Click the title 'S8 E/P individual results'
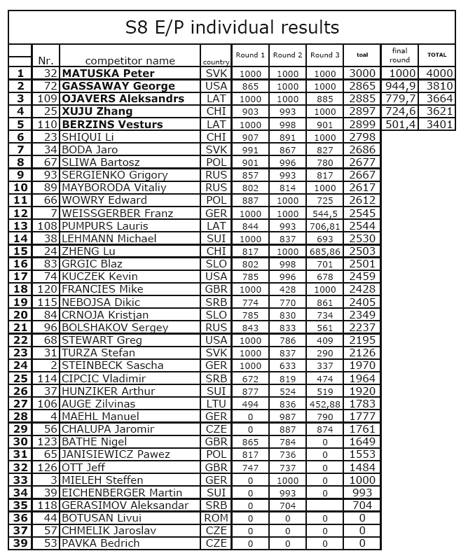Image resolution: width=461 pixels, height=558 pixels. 232,27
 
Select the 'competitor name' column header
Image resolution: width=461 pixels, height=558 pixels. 130,61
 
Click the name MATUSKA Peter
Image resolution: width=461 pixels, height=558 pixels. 108,74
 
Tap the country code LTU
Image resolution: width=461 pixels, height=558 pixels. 216,404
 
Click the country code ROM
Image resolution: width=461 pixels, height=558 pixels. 216,518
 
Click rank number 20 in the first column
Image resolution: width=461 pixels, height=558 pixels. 20,315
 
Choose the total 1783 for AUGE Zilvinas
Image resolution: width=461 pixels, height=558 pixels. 362,404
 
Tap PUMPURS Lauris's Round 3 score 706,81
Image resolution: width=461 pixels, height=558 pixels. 325,226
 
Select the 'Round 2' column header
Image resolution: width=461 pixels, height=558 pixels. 288,55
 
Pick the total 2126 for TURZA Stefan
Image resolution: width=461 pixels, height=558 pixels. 362,353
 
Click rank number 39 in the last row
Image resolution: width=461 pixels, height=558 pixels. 20,543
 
